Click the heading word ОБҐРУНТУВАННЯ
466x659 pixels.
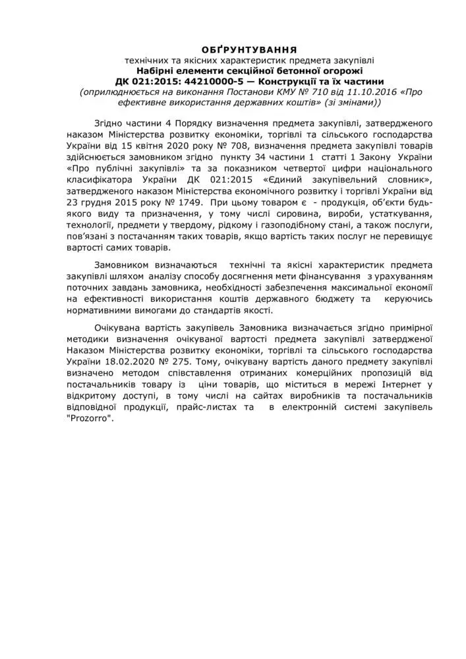(249, 49)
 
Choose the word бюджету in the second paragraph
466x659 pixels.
(334, 299)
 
